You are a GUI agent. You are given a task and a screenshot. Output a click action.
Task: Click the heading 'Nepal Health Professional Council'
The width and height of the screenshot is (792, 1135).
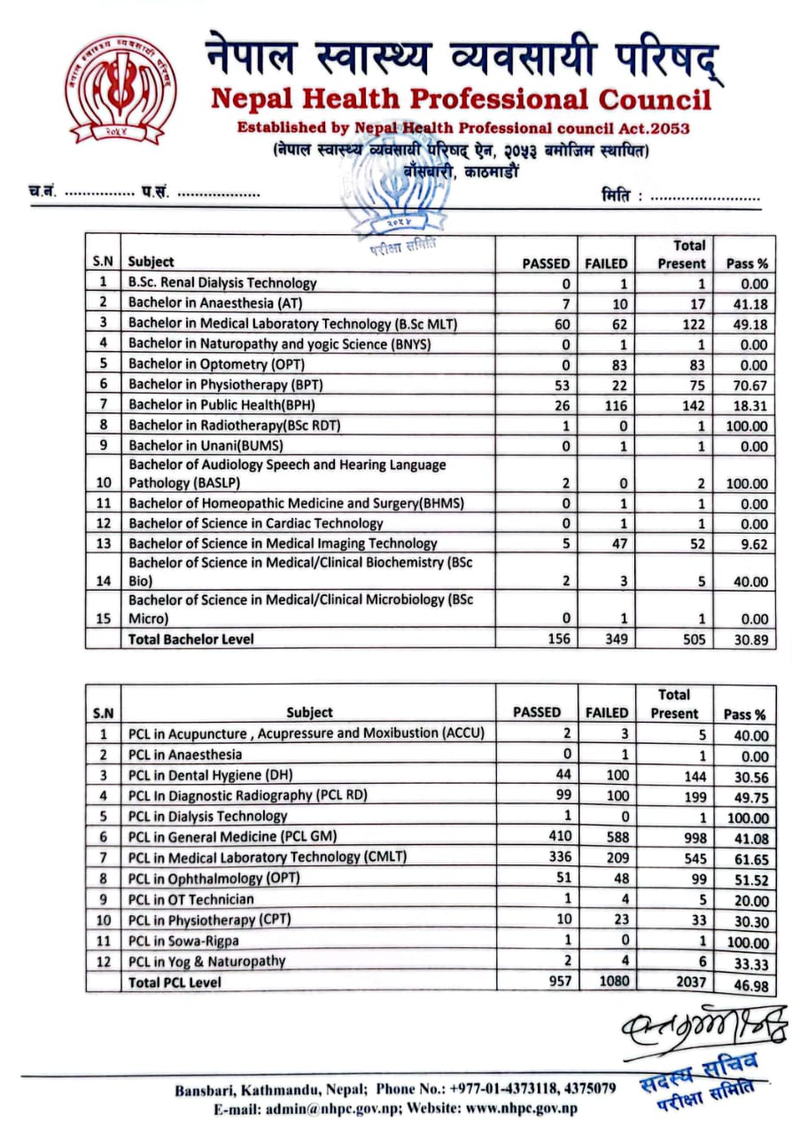[x=461, y=98]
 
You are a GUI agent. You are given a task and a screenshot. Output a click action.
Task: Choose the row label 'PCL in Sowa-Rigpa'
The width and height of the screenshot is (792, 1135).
[x=184, y=940]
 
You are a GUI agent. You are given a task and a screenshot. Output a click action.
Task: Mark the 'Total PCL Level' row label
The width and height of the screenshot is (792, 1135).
[x=175, y=982]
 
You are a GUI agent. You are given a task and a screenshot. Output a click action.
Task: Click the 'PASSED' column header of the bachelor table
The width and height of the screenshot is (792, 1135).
[x=546, y=262]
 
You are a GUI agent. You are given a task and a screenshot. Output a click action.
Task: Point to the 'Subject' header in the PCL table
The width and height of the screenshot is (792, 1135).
[x=309, y=712]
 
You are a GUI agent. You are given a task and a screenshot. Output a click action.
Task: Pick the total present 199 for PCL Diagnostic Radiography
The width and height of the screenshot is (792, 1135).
[x=683, y=795]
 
